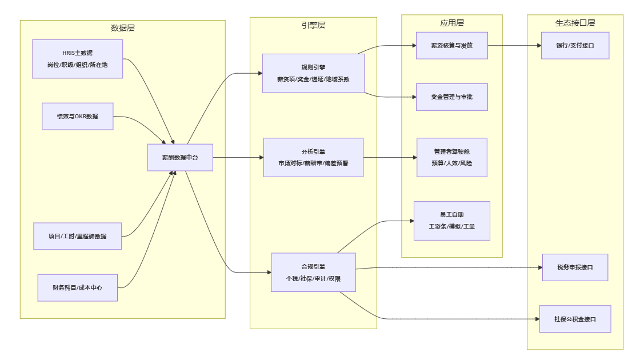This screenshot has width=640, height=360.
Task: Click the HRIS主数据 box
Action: [78, 59]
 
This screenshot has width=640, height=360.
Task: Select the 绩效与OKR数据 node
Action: [78, 117]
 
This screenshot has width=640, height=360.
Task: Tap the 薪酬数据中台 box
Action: [180, 158]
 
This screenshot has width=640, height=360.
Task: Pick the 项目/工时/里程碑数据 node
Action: [78, 237]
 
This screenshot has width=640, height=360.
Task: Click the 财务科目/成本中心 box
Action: [78, 288]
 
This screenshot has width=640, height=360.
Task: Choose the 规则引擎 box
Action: [313, 73]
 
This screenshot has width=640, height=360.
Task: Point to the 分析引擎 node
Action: [313, 158]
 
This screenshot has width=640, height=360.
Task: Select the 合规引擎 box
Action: [313, 273]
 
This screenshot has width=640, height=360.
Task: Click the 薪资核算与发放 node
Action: [451, 46]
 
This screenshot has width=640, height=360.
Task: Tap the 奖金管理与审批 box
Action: [451, 97]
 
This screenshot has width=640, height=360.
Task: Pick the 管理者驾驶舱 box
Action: [451, 158]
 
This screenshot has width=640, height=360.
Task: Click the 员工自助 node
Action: [451, 221]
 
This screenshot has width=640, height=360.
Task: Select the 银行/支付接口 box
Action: [575, 46]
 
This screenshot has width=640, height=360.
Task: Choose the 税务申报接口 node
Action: [575, 267]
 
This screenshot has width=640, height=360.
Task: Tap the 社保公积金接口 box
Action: [575, 319]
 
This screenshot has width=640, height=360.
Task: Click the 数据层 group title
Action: [123, 28]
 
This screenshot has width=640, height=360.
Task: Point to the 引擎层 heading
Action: [313, 25]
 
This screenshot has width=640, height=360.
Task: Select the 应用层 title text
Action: [451, 23]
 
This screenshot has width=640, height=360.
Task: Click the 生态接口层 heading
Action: [575, 23]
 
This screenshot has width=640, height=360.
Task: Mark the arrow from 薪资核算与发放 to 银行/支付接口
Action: [514, 46]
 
